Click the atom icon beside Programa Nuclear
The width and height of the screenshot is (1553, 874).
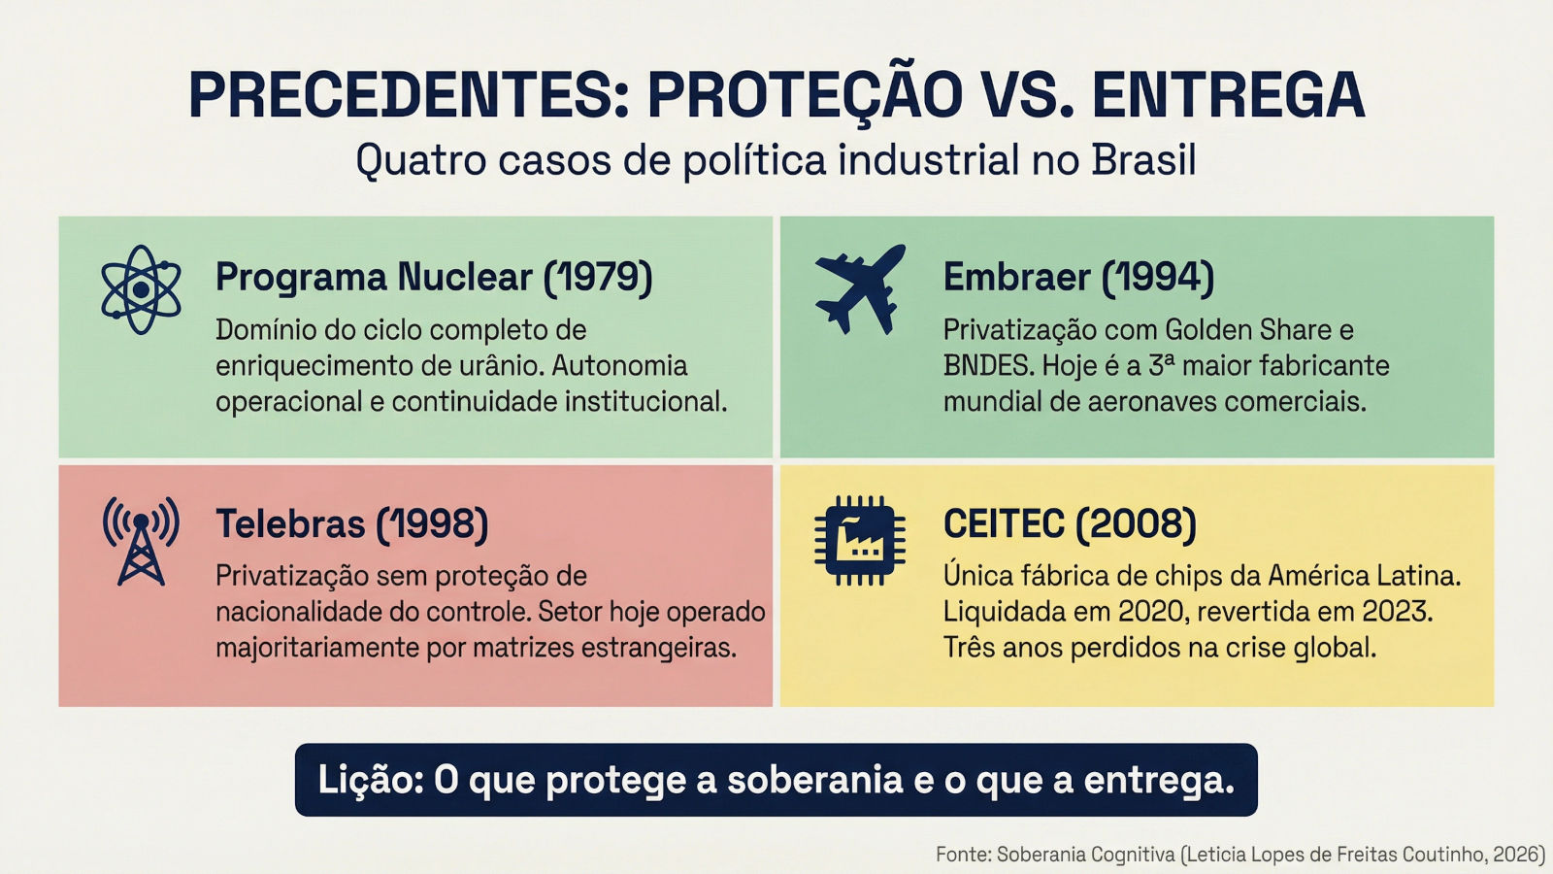click(141, 289)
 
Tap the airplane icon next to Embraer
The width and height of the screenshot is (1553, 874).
click(860, 288)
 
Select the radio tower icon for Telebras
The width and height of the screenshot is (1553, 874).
click(141, 541)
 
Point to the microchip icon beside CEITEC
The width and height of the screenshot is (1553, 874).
click(860, 540)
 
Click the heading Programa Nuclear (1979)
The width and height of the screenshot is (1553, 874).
click(434, 278)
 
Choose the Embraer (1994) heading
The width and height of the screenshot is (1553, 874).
click(1078, 278)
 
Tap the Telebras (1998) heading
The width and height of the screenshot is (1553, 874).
click(352, 523)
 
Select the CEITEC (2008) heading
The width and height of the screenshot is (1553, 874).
click(1070, 523)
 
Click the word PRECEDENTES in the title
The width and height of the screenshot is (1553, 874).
click(409, 95)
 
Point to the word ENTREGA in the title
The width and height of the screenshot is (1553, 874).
click(1229, 95)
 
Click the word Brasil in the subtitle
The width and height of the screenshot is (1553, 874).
click(1144, 160)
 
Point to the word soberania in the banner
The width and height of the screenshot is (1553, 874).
click(815, 781)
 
